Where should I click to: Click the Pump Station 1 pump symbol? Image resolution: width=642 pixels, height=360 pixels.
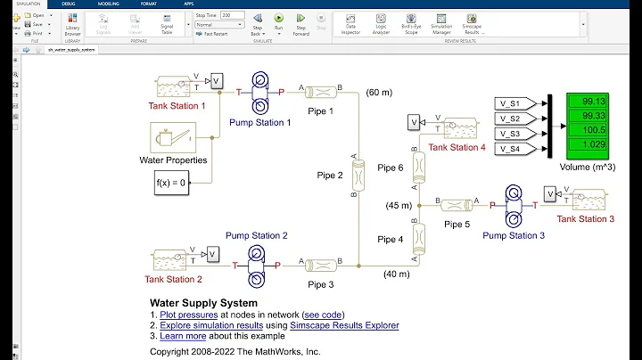point(259,91)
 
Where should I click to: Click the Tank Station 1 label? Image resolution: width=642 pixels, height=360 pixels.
point(177,106)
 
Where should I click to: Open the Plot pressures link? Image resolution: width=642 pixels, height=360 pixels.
point(189,315)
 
